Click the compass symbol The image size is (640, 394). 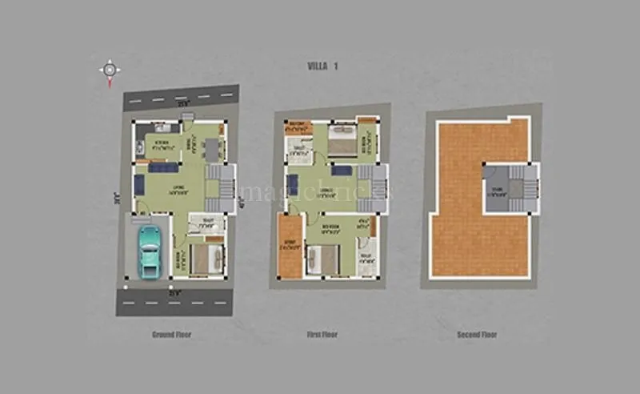pyautogui.click(x=110, y=70)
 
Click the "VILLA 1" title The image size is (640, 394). pyautogui.click(x=322, y=66)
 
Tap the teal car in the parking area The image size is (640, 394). pyautogui.click(x=150, y=251)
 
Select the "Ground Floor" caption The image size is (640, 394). pyautogui.click(x=171, y=334)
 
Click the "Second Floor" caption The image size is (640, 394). pyautogui.click(x=477, y=334)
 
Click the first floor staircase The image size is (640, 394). pyautogui.click(x=371, y=187)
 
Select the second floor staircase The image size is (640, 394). pyautogui.click(x=510, y=189)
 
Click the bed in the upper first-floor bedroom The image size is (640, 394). pyautogui.click(x=341, y=141)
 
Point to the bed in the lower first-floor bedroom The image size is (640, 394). pyautogui.click(x=325, y=259)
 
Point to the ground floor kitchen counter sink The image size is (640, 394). pyautogui.click(x=162, y=127)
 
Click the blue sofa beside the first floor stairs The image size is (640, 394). pyautogui.click(x=342, y=170)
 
